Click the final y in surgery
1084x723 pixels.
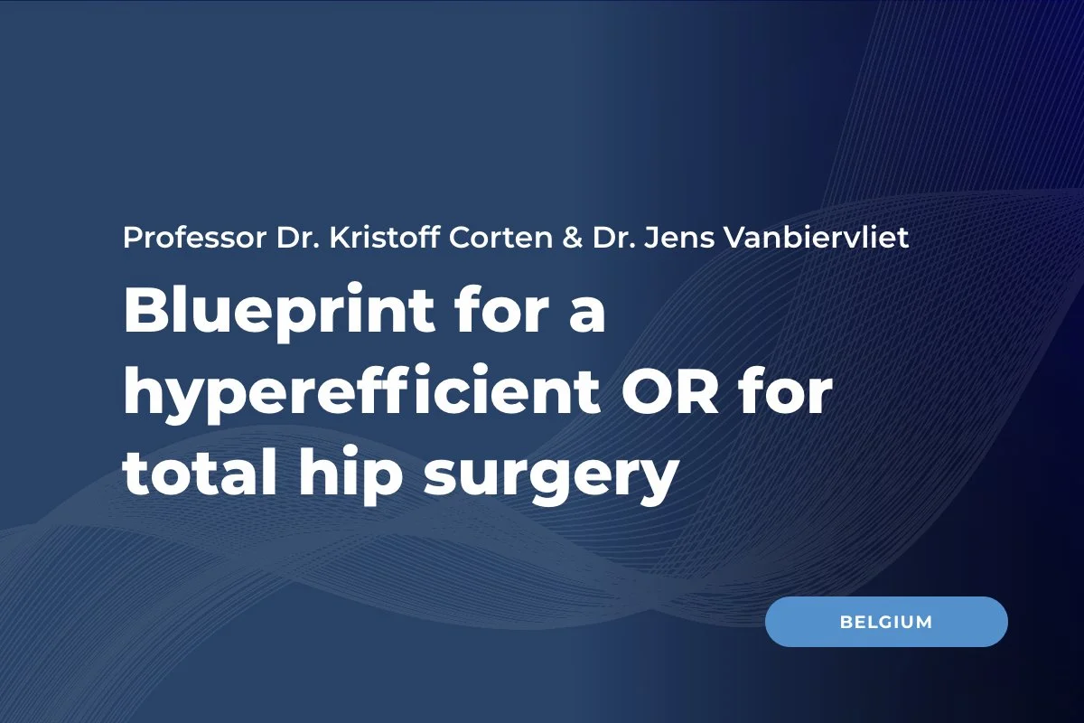pos(658,484)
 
